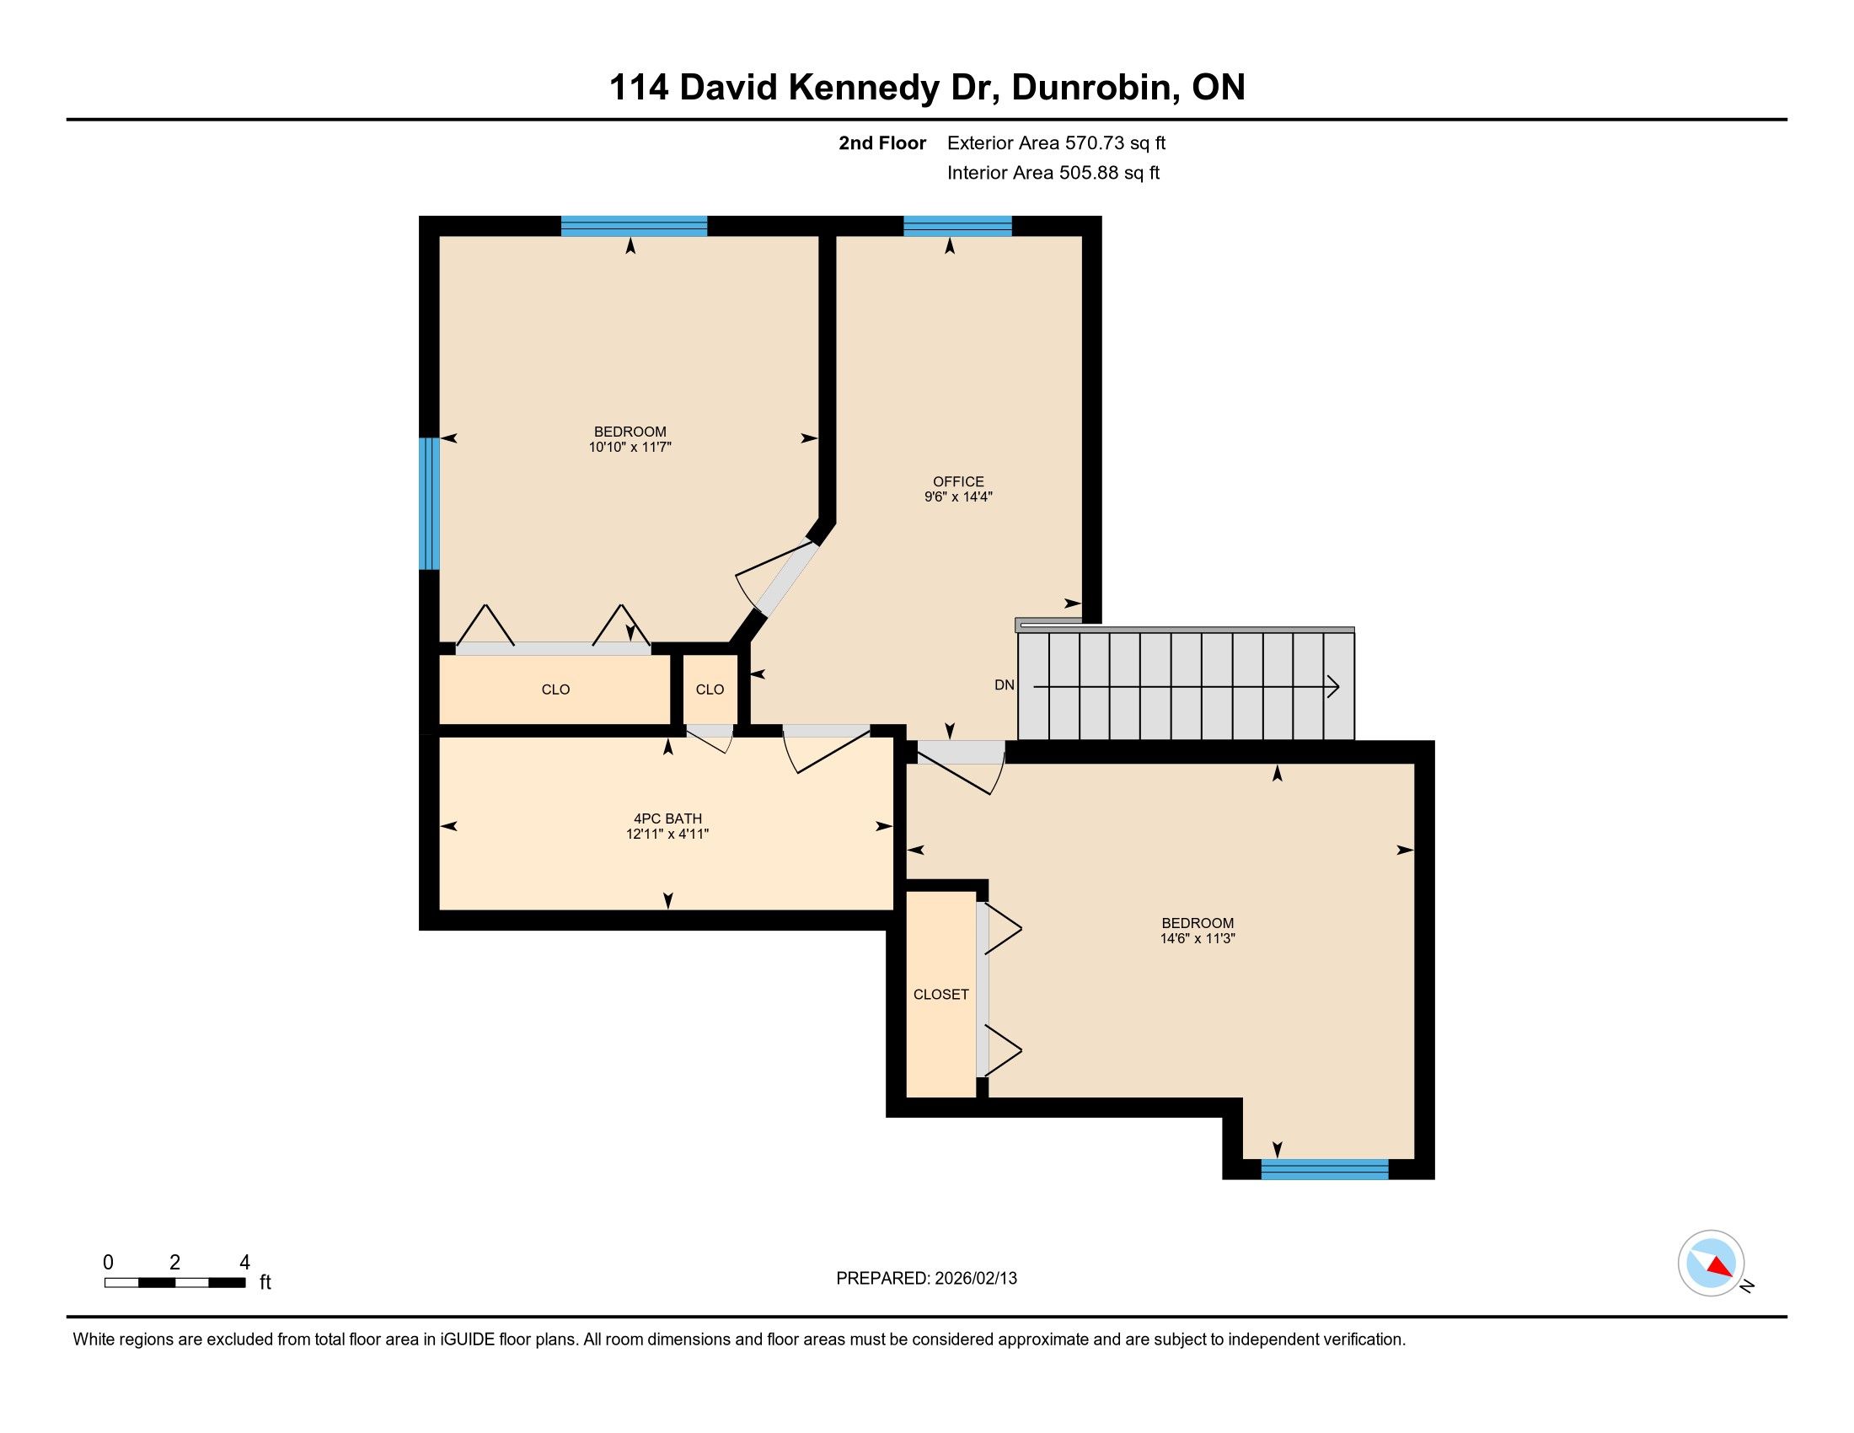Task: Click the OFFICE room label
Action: tap(958, 481)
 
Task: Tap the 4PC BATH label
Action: tap(668, 818)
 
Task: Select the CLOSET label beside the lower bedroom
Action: tap(940, 994)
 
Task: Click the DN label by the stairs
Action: tap(1005, 684)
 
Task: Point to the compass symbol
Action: tap(1712, 1263)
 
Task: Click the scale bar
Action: tap(175, 1282)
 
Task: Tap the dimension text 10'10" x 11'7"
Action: tap(630, 447)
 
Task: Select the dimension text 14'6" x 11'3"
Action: tap(1197, 938)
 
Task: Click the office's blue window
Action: tap(957, 226)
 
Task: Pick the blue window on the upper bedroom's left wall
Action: tap(430, 502)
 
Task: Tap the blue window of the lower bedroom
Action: tap(1324, 1169)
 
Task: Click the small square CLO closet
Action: tap(710, 689)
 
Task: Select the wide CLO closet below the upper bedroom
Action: tap(555, 689)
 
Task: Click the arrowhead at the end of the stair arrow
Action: tap(1335, 686)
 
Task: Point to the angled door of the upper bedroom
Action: tap(778, 577)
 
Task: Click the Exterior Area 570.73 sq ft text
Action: tap(1056, 142)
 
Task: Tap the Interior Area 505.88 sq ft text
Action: tap(1053, 172)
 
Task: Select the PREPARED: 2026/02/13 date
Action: tap(926, 1278)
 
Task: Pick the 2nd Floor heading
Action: tap(882, 142)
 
